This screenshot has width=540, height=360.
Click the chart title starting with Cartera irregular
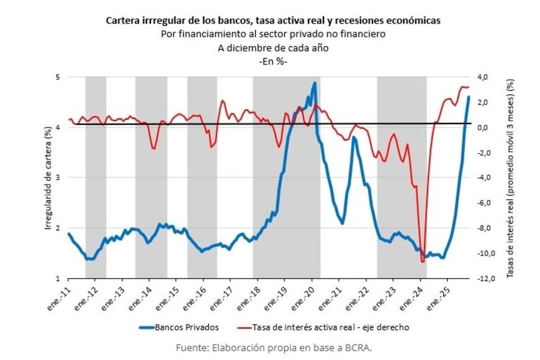click(273, 20)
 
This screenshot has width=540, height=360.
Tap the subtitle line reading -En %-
click(273, 61)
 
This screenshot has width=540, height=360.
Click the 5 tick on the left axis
click(58, 77)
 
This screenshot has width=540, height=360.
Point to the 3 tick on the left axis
click(58, 178)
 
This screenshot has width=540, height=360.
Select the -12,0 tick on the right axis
click(485, 278)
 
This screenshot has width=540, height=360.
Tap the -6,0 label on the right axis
click(485, 203)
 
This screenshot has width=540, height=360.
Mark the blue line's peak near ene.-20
click(315, 83)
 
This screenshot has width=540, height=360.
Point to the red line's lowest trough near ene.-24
click(422, 261)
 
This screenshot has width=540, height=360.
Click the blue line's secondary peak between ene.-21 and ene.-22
click(354, 138)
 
